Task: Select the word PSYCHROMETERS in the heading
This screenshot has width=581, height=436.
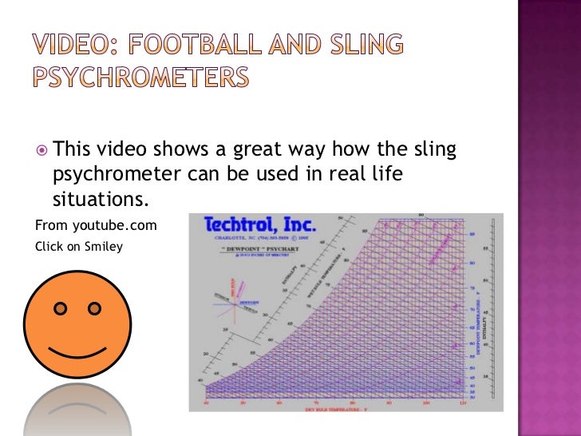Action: click(x=140, y=77)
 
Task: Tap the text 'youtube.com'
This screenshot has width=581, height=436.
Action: click(x=111, y=226)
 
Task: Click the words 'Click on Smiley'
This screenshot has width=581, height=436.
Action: click(x=79, y=246)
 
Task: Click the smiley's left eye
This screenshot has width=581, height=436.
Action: click(x=59, y=308)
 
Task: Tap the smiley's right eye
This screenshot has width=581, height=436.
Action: click(x=95, y=308)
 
